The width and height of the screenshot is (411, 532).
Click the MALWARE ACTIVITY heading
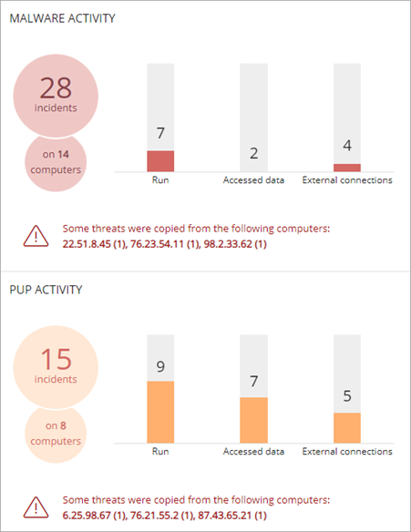click(x=62, y=19)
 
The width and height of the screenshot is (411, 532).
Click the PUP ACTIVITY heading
click(x=46, y=290)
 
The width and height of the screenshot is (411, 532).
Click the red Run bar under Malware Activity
click(x=160, y=161)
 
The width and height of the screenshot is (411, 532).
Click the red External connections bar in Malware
click(x=347, y=168)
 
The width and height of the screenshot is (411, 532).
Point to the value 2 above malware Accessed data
click(x=253, y=154)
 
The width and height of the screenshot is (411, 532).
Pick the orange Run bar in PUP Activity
click(x=160, y=411)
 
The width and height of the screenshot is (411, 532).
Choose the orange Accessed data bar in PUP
click(x=253, y=419)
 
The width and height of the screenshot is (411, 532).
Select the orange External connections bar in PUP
click(x=347, y=426)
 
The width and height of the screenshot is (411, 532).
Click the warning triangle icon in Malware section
click(x=36, y=237)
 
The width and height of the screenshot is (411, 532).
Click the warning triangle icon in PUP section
click(x=36, y=507)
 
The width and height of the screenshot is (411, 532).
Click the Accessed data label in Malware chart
click(x=254, y=180)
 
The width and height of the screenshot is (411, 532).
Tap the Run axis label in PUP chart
click(x=160, y=451)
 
